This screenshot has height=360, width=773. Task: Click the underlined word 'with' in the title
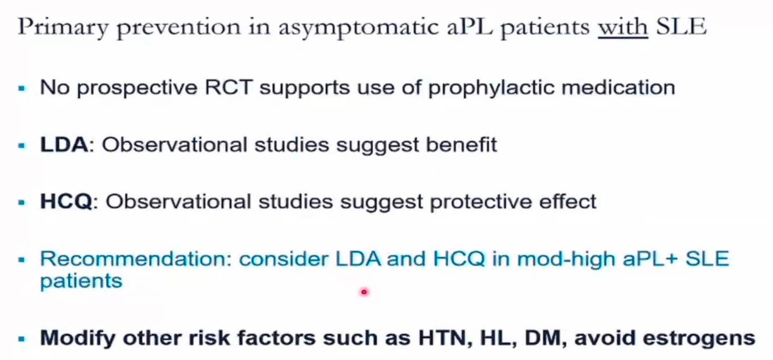[623, 27]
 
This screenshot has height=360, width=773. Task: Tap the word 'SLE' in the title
[681, 26]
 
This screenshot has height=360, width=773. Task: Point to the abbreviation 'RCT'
[229, 87]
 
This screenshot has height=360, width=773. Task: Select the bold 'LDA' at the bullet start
[64, 144]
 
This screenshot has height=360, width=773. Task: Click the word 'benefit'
[461, 144]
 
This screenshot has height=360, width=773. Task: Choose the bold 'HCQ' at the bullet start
[66, 201]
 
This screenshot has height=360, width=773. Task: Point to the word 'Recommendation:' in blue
[136, 259]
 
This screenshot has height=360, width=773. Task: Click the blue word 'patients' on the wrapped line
[81, 281]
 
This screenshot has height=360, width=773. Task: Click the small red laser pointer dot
[364, 292]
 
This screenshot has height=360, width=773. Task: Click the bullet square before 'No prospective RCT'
[22, 88]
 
